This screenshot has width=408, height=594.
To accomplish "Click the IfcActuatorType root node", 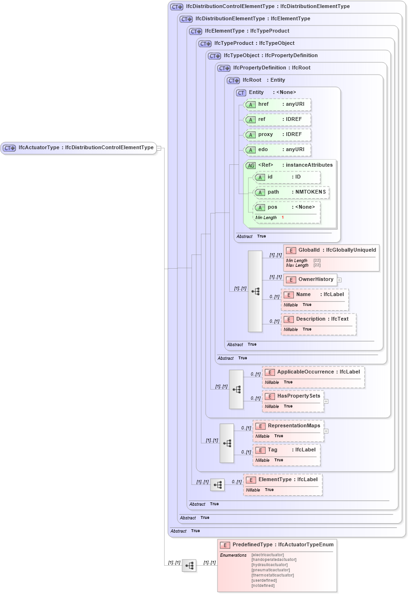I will (78, 148).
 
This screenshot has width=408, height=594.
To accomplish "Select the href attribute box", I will (277, 104).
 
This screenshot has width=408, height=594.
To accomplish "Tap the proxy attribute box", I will (277, 135).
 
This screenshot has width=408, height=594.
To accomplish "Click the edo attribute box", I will (277, 150).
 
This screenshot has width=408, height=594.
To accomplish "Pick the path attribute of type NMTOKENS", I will (291, 193).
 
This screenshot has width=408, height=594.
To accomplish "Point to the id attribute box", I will (287, 177).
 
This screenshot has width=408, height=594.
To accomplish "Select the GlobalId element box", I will (331, 257).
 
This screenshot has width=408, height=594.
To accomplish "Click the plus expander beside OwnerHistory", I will (339, 280).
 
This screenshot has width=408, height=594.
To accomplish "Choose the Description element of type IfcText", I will (318, 324).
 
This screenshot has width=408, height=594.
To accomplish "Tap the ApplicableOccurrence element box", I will (313, 377).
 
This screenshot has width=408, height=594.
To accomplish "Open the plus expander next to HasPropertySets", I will (326, 401).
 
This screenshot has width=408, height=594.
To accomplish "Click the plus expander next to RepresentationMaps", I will (326, 431).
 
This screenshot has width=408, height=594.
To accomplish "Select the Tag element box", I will (286, 455).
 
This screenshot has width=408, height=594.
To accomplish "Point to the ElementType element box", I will (283, 484).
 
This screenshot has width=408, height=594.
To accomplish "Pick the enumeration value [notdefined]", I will (263, 586).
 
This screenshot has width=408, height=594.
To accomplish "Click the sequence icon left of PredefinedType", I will (189, 565).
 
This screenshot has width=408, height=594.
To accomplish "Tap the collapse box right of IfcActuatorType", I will (159, 148).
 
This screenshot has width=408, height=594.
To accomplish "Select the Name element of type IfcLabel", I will (315, 299).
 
